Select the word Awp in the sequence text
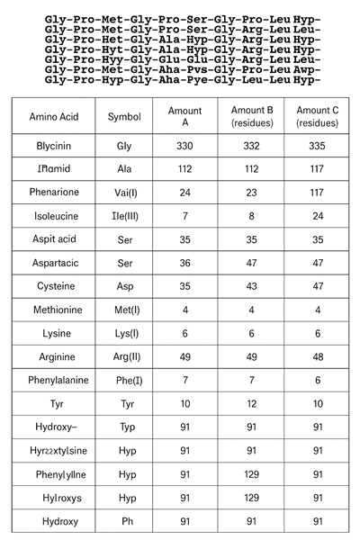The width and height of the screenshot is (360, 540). (307, 68)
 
